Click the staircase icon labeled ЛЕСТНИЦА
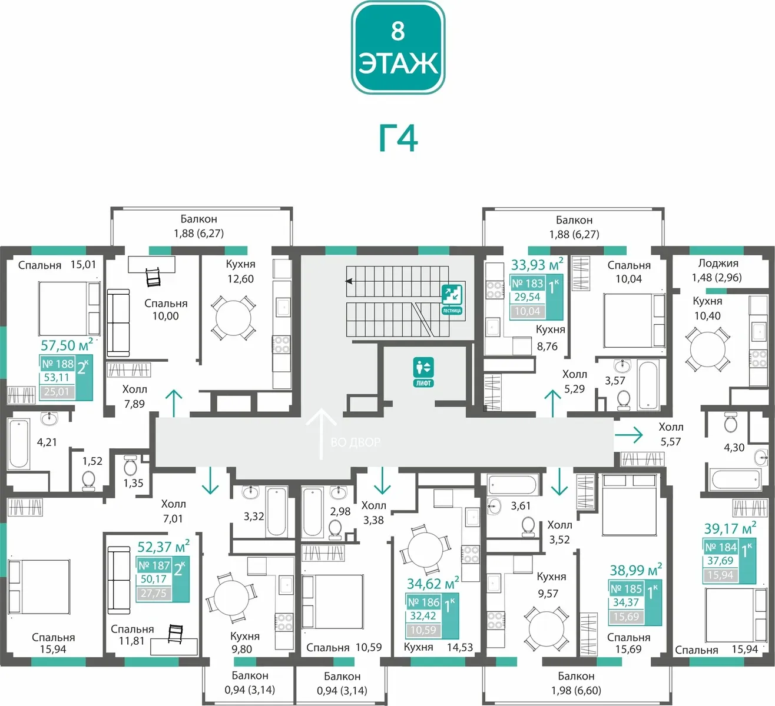click(452, 299)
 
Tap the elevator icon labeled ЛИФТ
click(423, 372)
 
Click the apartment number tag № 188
click(58, 364)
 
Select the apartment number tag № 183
click(528, 284)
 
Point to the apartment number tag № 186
click(424, 602)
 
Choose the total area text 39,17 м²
click(730, 528)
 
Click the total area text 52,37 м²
click(164, 546)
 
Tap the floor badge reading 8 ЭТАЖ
click(398, 48)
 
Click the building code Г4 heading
click(398, 139)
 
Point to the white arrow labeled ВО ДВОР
click(321, 434)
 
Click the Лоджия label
click(718, 263)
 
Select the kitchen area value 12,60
click(240, 279)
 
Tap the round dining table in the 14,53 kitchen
click(425, 550)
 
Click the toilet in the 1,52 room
click(88, 481)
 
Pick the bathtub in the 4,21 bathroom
click(18, 444)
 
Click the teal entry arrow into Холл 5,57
click(628, 435)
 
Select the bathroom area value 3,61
click(521, 505)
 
